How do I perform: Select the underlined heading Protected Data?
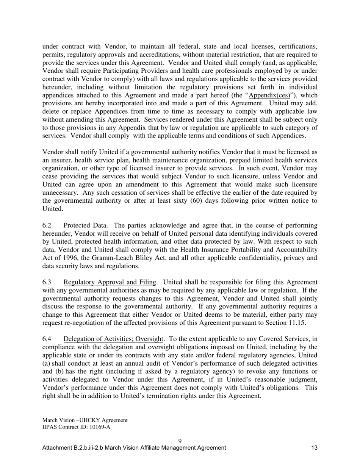(x=85, y=225)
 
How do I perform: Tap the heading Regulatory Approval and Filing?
(x=110, y=282)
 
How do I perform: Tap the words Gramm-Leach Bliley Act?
(x=123, y=258)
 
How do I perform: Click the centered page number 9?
(x=180, y=441)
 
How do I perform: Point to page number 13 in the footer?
(x=314, y=448)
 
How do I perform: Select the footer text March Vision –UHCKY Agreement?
(x=85, y=420)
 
